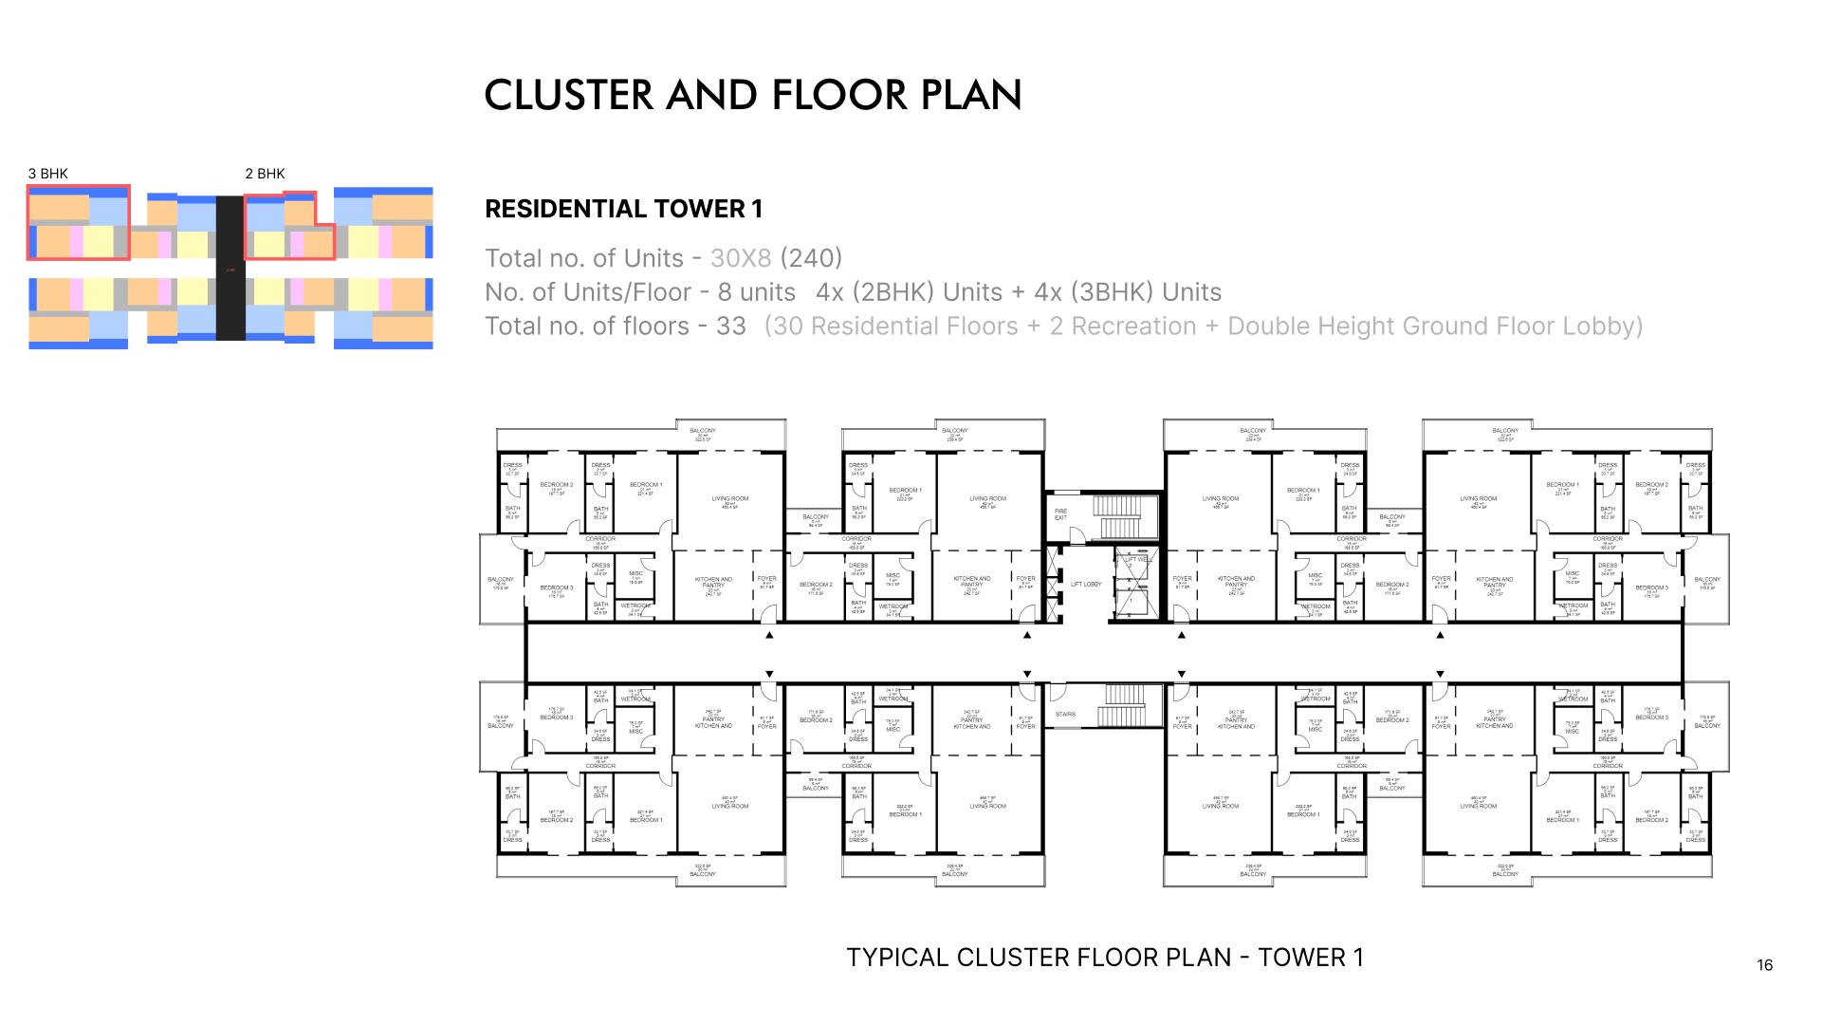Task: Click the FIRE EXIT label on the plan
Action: click(x=1060, y=514)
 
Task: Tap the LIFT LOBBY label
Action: click(x=1086, y=585)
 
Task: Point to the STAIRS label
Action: click(x=1064, y=715)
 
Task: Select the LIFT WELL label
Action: click(x=1138, y=560)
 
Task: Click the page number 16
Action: click(x=1764, y=965)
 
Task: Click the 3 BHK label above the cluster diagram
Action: click(x=47, y=174)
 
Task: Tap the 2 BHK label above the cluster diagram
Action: click(x=265, y=174)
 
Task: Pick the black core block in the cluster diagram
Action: click(x=230, y=268)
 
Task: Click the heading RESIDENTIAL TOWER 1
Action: click(x=623, y=210)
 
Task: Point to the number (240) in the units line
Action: click(x=810, y=258)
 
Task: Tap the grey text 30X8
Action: click(x=741, y=258)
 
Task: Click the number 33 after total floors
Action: click(x=730, y=326)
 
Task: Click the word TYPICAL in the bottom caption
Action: click(x=896, y=958)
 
